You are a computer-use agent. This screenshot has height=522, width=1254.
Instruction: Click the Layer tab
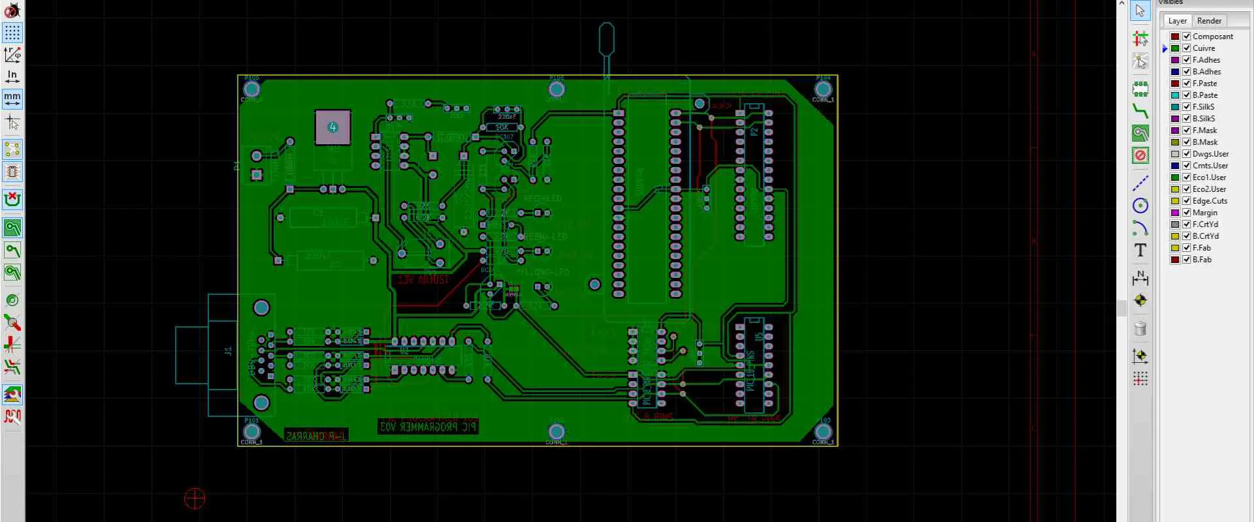coord(1177,21)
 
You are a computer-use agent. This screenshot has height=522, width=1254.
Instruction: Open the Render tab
coord(1209,21)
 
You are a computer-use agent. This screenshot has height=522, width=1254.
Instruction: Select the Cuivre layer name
coord(1204,48)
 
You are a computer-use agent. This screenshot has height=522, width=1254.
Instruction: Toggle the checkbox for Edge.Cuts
coord(1187,201)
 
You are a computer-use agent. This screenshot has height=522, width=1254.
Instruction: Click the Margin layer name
coord(1204,213)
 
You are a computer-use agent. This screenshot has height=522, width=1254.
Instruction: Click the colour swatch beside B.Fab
coord(1175,260)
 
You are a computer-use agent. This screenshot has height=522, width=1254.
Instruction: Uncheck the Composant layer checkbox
coord(1187,37)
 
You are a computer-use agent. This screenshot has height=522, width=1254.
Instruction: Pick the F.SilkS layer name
coord(1203,107)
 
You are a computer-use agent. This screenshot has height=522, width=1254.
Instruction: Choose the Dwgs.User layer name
coord(1210,154)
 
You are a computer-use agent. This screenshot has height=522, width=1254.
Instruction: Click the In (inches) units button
coord(12,76)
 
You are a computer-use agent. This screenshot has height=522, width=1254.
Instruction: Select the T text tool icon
coord(1140,251)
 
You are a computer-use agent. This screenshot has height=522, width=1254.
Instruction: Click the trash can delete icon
coord(1140,328)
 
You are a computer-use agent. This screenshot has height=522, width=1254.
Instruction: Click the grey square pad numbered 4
coord(333,127)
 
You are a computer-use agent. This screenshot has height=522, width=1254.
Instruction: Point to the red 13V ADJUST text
coord(423,280)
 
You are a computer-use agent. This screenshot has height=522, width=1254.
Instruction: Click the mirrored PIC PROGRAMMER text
coord(428,427)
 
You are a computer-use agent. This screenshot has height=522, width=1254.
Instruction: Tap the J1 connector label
coord(228,351)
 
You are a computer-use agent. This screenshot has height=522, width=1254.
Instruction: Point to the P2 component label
coord(754,132)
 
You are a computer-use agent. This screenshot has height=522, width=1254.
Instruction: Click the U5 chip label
coord(759,337)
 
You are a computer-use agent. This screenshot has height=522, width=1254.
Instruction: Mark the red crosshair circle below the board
coord(195,499)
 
